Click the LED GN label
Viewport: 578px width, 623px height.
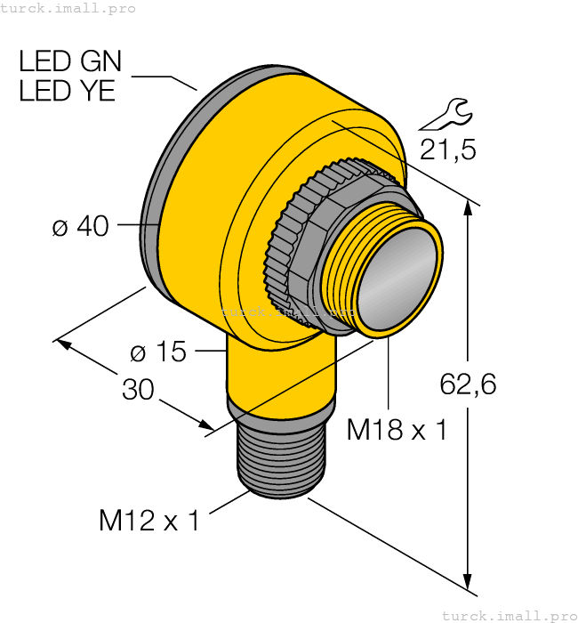pos(70,61)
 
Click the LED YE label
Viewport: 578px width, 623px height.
pos(68,91)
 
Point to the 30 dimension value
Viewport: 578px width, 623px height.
pos(138,390)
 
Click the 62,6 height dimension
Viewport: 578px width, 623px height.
pos(468,384)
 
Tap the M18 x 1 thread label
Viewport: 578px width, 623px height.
pos(397,431)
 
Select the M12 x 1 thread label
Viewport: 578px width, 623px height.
pos(149,521)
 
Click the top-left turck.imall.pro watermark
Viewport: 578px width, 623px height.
pos(68,8)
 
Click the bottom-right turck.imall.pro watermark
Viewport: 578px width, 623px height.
pos(509,615)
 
